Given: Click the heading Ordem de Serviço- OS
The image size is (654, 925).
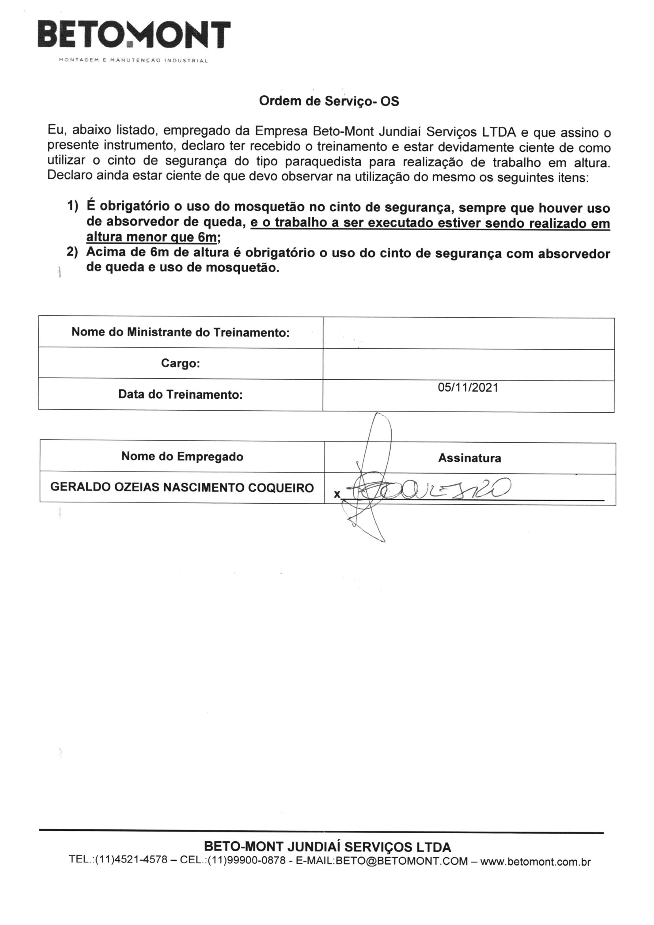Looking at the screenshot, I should point(329,101).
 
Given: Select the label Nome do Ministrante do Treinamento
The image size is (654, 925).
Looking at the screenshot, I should point(180,332).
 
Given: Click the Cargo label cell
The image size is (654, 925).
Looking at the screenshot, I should point(180,363).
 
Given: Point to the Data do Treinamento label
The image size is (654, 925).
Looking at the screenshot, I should point(180,394).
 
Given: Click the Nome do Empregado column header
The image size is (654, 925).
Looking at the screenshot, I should point(182,457).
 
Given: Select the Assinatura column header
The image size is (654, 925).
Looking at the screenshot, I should point(470,458).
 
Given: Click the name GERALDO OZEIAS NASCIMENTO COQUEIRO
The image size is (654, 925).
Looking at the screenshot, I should point(182,488).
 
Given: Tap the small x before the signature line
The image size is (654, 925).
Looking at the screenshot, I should point(337,494).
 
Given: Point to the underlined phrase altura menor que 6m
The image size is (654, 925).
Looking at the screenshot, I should point(152,237).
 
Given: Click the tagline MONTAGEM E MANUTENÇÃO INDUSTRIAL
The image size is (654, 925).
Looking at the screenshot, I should point(133,61).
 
